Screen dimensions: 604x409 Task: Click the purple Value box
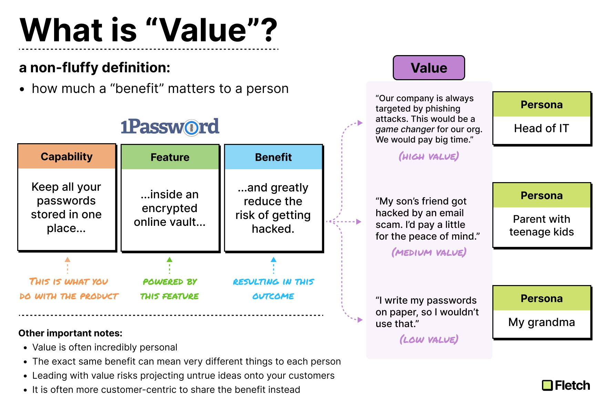[429, 68]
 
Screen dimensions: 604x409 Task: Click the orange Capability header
[67, 157]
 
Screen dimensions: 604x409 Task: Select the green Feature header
[170, 157]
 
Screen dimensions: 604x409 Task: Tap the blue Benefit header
[273, 157]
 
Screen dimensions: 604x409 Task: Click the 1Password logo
[170, 127]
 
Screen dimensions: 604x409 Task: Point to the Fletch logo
[566, 385]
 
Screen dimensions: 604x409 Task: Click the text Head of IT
[541, 128]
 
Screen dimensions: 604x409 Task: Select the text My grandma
[541, 322]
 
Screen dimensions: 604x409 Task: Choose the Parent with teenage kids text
[542, 226]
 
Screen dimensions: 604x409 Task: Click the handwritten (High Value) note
[429, 157]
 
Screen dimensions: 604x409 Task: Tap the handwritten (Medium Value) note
[429, 252]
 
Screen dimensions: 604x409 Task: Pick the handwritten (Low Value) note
[429, 339]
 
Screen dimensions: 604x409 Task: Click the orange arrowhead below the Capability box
[68, 260]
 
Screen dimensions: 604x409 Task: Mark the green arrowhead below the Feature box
[170, 260]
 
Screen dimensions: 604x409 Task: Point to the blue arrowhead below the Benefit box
[274, 260]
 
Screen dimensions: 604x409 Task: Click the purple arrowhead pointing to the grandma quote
[360, 320]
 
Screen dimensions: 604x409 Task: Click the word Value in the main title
[204, 30]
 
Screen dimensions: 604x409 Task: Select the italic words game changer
[405, 129]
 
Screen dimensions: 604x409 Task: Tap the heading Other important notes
[70, 333]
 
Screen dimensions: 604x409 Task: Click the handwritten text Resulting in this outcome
[273, 289]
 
